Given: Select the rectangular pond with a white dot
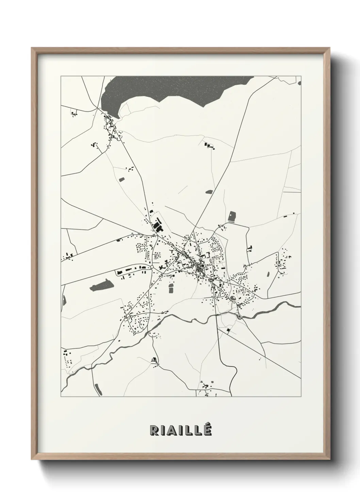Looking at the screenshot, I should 232,217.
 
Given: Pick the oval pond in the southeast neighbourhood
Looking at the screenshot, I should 233,299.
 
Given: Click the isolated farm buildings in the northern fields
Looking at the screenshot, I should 209,146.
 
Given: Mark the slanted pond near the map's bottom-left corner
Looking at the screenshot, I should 97,388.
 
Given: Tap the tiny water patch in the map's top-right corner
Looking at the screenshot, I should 299,82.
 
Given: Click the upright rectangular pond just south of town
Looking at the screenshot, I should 171,288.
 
